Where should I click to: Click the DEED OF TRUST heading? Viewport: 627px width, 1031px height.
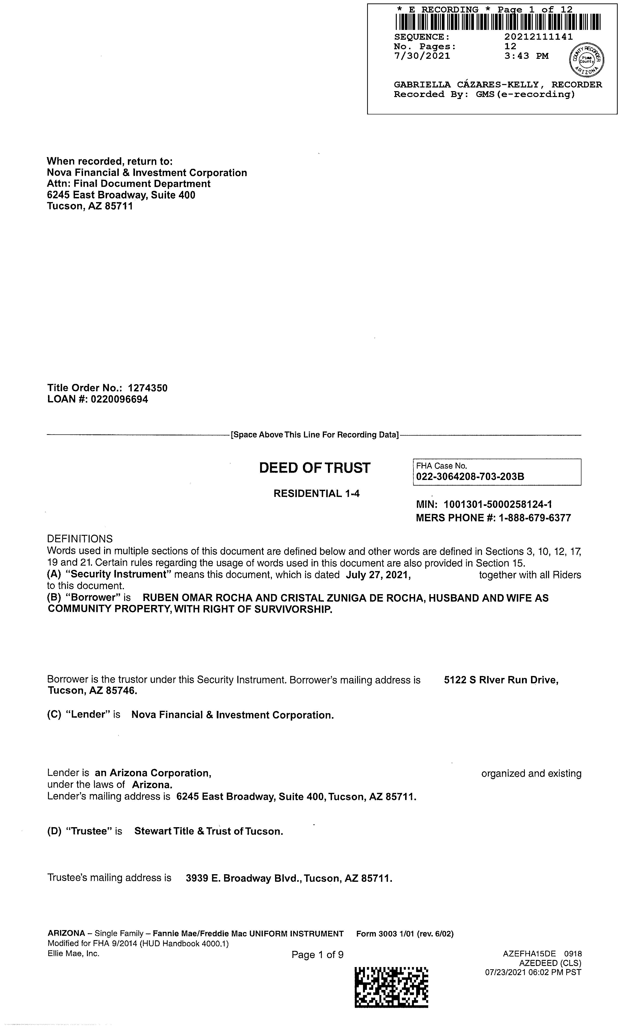pyautogui.click(x=314, y=468)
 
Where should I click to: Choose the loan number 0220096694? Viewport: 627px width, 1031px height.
pyautogui.click(x=119, y=399)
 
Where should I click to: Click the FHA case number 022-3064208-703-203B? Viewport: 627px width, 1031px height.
pyautogui.click(x=470, y=477)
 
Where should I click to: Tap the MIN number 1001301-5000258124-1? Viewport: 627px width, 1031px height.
pyautogui.click(x=498, y=505)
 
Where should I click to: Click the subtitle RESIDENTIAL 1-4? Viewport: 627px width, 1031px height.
pyautogui.click(x=316, y=494)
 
